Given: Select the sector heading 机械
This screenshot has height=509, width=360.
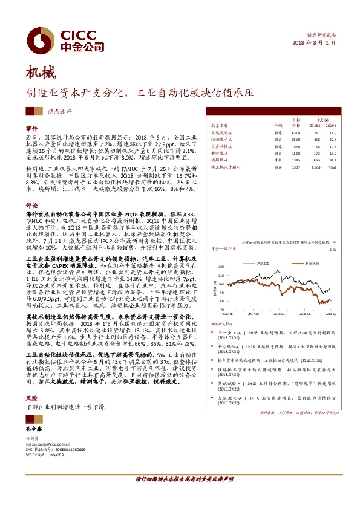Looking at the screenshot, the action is [40, 74].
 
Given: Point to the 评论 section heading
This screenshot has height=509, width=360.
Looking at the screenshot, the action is [31, 206].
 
